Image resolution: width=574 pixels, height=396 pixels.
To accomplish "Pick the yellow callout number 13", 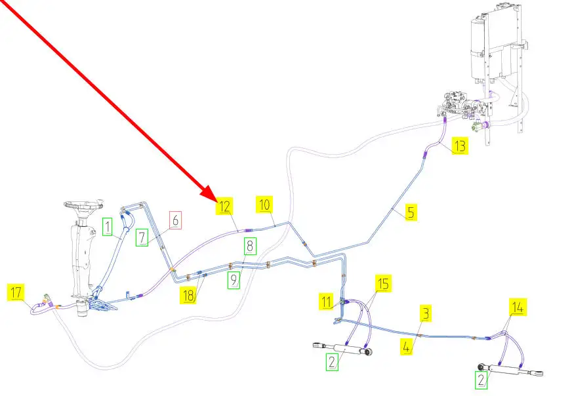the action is point(460,146).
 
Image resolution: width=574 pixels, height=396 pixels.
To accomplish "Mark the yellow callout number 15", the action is point(383,284).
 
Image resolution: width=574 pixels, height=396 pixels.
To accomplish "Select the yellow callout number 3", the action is point(426,313).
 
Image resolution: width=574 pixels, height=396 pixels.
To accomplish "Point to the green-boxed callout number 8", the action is point(250,247).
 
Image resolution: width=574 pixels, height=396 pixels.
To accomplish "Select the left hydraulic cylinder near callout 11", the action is point(345,347).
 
